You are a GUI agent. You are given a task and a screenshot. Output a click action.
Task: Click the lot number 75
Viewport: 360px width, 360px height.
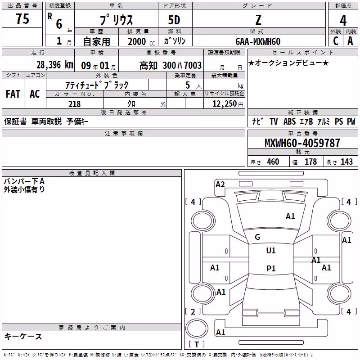tap(22, 18)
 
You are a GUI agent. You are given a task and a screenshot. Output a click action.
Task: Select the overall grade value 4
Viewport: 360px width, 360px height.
tap(343, 21)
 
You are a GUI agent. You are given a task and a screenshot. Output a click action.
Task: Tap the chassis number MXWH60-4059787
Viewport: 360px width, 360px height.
tap(302, 143)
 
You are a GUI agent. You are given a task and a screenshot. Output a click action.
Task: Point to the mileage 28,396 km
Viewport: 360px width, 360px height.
tap(55, 65)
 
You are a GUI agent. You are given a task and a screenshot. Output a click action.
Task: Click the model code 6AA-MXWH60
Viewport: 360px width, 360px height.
tap(258, 41)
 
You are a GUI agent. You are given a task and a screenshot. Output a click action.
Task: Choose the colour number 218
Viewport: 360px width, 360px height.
tap(74, 104)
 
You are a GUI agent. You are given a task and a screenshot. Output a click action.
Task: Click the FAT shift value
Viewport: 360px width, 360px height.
tap(13, 94)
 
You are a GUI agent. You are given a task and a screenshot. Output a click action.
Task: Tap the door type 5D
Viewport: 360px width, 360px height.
tap(174, 20)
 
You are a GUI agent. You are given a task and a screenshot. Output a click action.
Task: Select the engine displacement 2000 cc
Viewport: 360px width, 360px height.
tap(141, 42)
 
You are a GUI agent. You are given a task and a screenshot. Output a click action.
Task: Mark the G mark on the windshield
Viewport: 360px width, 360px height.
tap(257, 237)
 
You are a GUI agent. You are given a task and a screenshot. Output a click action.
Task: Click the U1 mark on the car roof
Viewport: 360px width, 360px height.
tap(271, 251)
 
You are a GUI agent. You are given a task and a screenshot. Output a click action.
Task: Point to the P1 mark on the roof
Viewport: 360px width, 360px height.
tap(271, 268)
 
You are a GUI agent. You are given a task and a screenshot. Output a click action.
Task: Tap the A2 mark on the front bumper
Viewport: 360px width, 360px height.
tap(220, 184)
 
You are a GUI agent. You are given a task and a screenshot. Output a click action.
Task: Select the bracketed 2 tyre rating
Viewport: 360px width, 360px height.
tap(193, 311)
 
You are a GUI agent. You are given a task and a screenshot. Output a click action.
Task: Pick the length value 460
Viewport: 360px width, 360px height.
tap(273, 162)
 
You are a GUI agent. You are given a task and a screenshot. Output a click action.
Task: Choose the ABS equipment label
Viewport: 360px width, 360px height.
tap(289, 121)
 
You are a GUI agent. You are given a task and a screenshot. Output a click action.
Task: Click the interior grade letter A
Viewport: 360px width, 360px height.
tap(350, 41)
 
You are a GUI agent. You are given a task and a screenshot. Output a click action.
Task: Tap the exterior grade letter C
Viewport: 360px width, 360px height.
tap(336, 41)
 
